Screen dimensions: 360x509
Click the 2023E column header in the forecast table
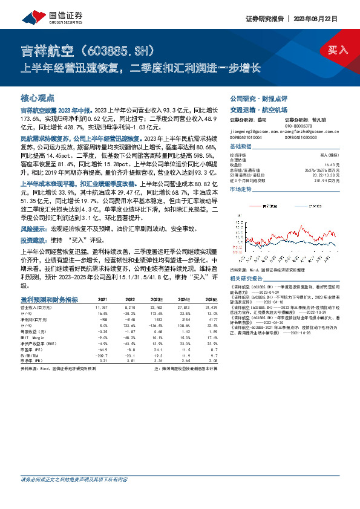click(x=157, y=299)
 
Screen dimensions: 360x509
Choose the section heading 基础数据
click(x=240, y=147)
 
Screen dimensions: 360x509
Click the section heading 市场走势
click(x=240, y=189)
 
